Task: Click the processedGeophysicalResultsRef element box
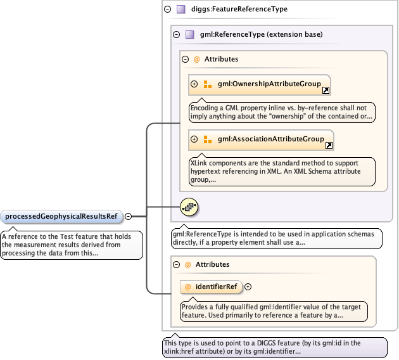pos(61,216)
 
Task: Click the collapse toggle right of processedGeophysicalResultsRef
pos(128,216)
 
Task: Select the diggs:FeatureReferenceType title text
pos(243,10)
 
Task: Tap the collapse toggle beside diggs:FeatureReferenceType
pos(167,10)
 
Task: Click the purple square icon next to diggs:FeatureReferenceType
pos(180,10)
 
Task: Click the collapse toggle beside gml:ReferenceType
pos(177,34)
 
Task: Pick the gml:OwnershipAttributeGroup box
pos(260,84)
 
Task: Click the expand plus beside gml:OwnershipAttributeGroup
pos(194,84)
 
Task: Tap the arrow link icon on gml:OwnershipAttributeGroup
pos(326,91)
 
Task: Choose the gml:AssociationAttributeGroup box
pos(261,139)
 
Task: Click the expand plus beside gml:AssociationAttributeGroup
pos(194,139)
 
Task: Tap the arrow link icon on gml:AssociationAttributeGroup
pos(329,146)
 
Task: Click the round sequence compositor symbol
pos(190,206)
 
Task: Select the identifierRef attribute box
pos(211,286)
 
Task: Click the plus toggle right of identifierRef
pos(248,286)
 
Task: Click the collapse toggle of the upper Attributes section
pos(186,59)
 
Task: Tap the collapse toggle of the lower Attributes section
pos(177,264)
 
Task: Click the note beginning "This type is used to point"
pos(274,347)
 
